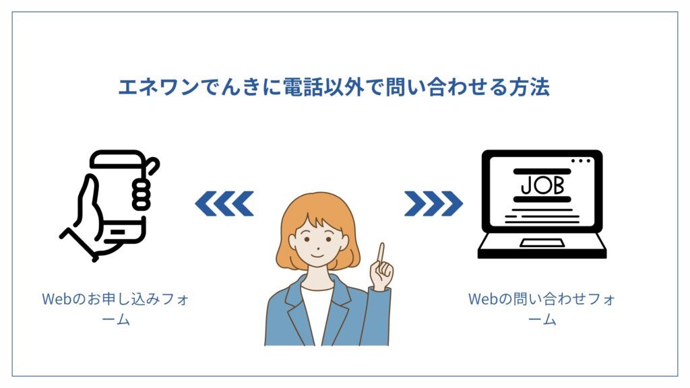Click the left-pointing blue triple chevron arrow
[x=224, y=203]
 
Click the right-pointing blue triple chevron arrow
[x=433, y=203]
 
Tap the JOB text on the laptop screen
[x=542, y=186]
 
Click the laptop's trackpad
[x=542, y=243]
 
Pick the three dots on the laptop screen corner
[x=581, y=161]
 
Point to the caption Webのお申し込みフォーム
[x=115, y=309]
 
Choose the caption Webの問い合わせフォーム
[x=542, y=309]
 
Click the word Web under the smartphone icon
[x=57, y=299]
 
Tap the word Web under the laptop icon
[x=482, y=299]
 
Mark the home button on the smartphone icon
[x=117, y=232]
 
